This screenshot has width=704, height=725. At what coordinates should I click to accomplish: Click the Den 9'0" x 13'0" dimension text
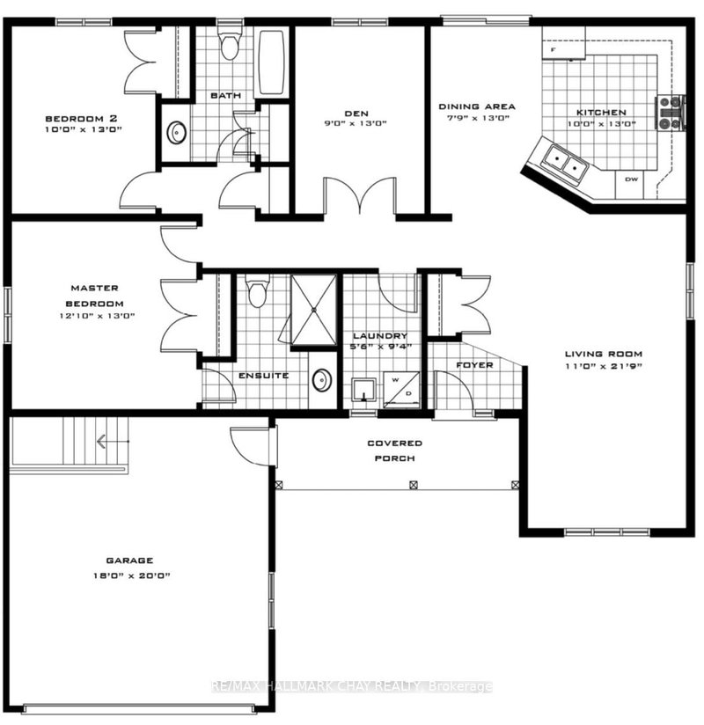pos(356,124)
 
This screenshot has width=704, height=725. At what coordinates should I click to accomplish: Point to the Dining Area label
pos(477,107)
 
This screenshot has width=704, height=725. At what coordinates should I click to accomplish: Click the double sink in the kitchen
pos(564,162)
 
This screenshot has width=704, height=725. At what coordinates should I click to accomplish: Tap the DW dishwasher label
pos(631,179)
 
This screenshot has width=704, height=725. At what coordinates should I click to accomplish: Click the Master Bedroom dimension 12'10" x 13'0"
pos(94,315)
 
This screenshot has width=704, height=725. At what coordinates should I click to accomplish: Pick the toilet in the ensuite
pos(257,293)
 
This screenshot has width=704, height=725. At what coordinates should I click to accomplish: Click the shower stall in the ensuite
pos(313,309)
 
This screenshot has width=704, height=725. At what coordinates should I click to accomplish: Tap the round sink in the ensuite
pos(322,380)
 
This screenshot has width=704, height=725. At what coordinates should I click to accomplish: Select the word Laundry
pos(379,336)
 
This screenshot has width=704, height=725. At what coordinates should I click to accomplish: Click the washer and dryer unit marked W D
pos(401,389)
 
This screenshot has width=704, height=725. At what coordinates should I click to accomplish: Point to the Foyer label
pos(474,364)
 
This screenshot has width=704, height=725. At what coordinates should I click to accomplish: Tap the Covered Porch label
pos(395,450)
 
